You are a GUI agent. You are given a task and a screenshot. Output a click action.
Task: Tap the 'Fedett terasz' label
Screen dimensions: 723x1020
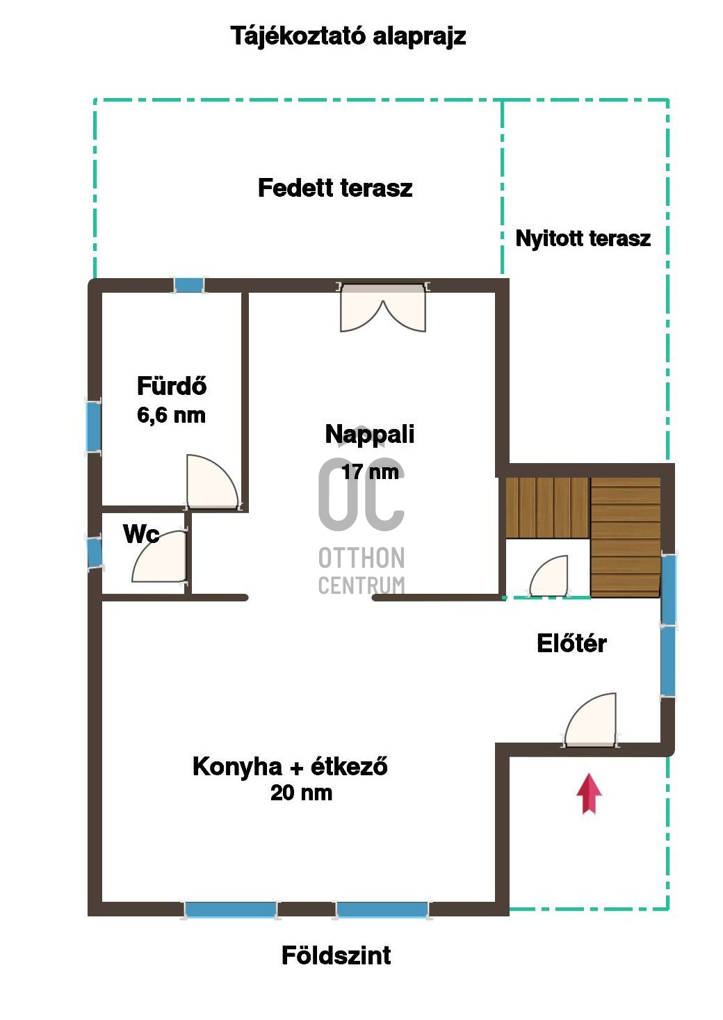pos(335,188)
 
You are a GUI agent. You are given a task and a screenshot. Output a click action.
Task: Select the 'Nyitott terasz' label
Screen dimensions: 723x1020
pos(583,238)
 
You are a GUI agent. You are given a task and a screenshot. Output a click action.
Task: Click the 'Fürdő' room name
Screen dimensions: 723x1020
pos(172,385)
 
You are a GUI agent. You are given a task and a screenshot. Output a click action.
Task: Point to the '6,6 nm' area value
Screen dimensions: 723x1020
pos(171,415)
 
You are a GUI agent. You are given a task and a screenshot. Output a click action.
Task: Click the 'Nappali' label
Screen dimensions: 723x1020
pos(370,434)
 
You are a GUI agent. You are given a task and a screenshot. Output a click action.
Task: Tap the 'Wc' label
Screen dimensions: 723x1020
pos(140,533)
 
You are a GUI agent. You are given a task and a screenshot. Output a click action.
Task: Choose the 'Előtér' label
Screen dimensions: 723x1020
pos(571,643)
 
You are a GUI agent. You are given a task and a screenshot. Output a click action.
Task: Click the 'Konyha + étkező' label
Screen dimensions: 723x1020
pos(290,766)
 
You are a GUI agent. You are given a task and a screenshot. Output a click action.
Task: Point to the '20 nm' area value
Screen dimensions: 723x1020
pos(302,793)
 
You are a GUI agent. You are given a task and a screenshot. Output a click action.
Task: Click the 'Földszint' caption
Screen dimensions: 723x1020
pos(336,955)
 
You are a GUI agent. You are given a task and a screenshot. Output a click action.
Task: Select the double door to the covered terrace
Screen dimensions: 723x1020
pos(383,307)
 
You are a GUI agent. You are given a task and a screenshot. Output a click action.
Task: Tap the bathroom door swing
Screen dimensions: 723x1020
pos(212,482)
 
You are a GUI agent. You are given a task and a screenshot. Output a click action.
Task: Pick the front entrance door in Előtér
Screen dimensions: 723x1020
pos(590,721)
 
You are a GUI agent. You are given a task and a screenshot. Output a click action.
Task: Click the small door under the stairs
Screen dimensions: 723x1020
pos(549,576)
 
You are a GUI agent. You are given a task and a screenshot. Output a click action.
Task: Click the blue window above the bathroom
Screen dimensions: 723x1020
pos(189,285)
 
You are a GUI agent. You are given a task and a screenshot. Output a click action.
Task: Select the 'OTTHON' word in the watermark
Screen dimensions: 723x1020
pos(361,558)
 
